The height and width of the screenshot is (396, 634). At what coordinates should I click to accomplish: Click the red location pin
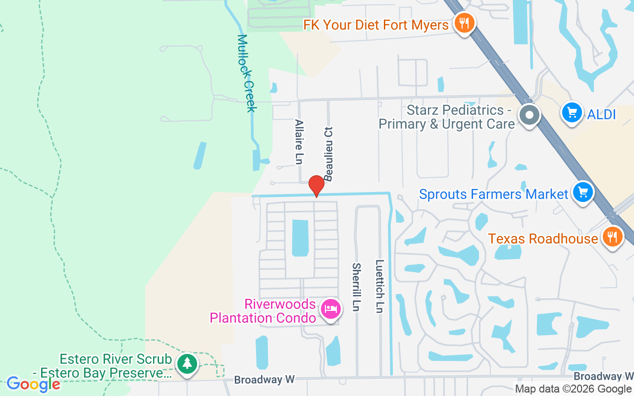[x=316, y=186]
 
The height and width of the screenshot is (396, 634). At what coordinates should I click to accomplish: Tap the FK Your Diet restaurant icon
[x=464, y=23]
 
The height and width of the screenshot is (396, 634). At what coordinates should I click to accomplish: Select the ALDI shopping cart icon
[x=572, y=113]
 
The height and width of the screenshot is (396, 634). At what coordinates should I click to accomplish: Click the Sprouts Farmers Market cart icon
[x=583, y=192]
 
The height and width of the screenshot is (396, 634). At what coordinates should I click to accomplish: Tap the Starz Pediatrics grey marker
[x=529, y=115]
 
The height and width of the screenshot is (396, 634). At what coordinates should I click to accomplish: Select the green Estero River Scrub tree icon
[x=187, y=364]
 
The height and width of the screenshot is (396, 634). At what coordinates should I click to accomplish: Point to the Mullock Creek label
[x=246, y=73]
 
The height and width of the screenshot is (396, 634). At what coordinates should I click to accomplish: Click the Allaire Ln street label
[x=299, y=142]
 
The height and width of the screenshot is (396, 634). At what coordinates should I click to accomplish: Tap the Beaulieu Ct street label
[x=328, y=153]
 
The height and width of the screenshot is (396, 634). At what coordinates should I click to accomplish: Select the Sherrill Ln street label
[x=356, y=287]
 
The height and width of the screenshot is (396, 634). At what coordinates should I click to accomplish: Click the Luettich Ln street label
[x=380, y=286]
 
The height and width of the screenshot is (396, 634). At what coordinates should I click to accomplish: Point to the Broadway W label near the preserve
[x=264, y=380]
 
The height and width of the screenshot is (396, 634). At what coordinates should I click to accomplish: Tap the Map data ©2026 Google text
[x=573, y=389]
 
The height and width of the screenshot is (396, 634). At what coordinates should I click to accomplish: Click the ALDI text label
[x=601, y=114]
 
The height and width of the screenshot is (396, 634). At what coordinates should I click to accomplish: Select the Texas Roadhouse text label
[x=543, y=239]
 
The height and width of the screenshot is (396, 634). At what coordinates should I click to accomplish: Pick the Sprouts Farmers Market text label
[x=493, y=194]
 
